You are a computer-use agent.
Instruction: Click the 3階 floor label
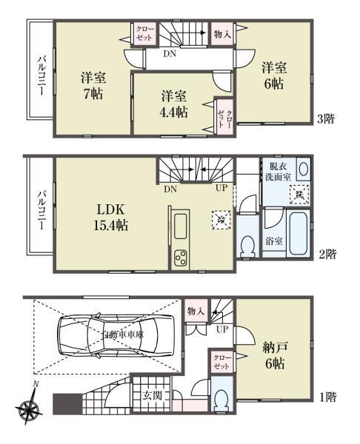[x=327, y=118]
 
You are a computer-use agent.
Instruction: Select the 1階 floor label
[x=327, y=397]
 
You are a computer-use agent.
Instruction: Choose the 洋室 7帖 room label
[x=91, y=85]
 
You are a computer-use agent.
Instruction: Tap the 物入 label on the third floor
[x=223, y=33]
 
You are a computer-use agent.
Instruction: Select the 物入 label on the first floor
[x=196, y=311]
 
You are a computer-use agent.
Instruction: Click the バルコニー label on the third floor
[x=41, y=74]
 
